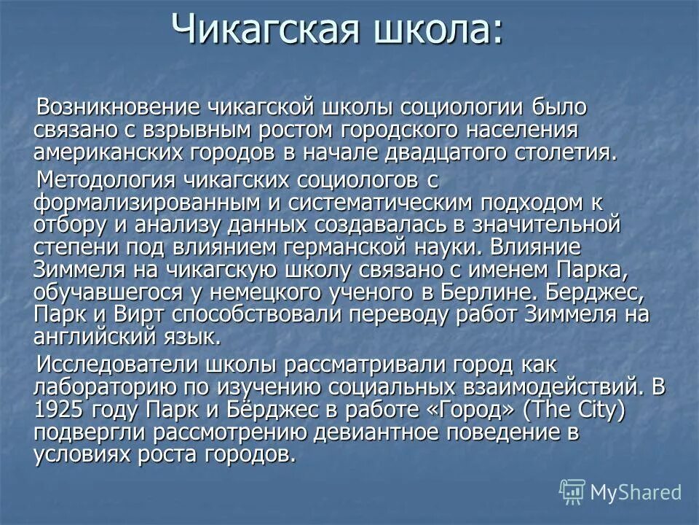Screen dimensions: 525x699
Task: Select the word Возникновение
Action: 117,107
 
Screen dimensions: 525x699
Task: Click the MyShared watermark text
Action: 636,492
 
